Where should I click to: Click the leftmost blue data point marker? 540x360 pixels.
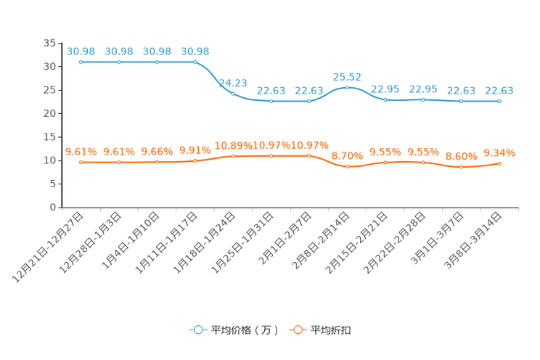tap(81, 62)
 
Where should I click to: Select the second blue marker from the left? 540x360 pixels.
tap(119, 62)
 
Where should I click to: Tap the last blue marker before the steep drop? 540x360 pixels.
tap(195, 62)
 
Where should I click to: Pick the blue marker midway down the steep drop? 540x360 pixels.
tap(233, 93)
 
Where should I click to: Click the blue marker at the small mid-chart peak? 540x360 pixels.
tap(347, 87)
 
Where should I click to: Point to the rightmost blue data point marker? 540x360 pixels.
tap(499, 102)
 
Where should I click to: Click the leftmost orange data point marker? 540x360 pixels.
tap(81, 163)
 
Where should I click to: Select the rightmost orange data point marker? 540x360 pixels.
tap(499, 163)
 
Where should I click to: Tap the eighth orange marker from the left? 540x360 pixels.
tap(347, 166)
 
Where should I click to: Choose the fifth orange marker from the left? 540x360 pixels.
tap(233, 156)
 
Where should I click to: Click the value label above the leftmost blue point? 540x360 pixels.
tap(81, 51)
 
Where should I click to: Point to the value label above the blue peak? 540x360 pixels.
tap(347, 75)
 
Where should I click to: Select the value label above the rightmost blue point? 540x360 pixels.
tap(499, 90)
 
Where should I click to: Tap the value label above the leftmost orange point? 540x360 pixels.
tap(81, 151)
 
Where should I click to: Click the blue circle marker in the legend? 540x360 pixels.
tap(197, 330)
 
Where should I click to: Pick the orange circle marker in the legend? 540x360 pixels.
tap(298, 330)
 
